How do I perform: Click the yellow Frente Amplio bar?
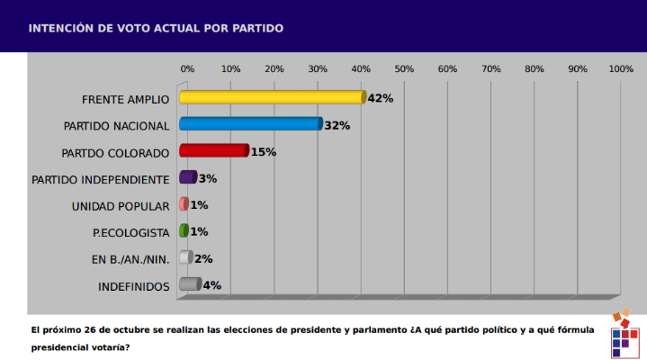click(x=272, y=98)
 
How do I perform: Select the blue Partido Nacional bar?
click(x=250, y=124)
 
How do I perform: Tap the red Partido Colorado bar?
click(x=213, y=151)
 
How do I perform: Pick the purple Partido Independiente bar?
click(x=188, y=177)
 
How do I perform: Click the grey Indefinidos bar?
click(x=190, y=285)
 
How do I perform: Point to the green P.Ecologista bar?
click(x=184, y=231)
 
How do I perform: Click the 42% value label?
click(x=381, y=98)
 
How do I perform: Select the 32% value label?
click(x=337, y=125)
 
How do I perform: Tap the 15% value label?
click(x=263, y=151)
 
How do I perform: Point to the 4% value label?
click(x=212, y=285)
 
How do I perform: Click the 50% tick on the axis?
click(x=404, y=68)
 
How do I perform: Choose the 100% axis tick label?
click(x=621, y=68)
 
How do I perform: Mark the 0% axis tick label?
click(x=187, y=68)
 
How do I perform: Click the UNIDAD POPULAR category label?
click(x=121, y=206)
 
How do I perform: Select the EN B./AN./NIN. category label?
click(x=130, y=259)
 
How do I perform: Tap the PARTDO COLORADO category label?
click(x=116, y=152)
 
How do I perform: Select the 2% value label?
click(x=203, y=259)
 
